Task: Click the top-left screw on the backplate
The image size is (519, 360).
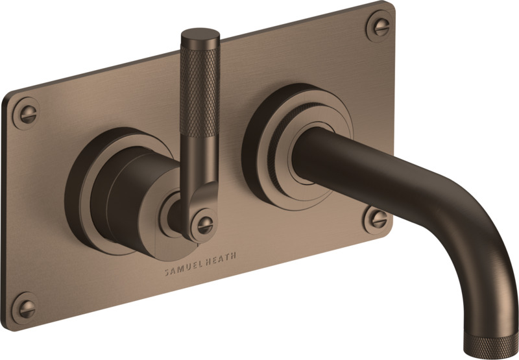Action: (26, 114)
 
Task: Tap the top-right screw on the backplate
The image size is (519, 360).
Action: (380, 26)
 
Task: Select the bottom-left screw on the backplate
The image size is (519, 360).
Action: (25, 308)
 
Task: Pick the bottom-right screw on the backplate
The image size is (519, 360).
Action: (378, 219)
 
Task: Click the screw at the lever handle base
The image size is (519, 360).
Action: (204, 225)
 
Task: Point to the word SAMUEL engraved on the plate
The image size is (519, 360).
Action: (184, 268)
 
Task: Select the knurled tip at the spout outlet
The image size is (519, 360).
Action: (490, 344)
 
